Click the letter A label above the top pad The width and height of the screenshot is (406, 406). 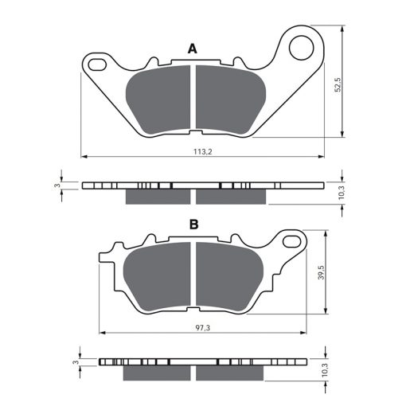[x=193, y=49]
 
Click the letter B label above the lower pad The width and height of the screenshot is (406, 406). [x=194, y=224]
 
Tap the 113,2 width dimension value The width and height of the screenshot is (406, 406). [x=203, y=151]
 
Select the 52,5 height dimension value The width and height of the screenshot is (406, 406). [x=338, y=84]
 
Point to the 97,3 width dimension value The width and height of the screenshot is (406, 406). [x=203, y=328]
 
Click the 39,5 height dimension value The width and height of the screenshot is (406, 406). [x=322, y=272]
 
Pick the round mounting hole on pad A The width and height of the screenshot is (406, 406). [x=301, y=48]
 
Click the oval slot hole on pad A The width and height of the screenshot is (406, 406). [x=97, y=64]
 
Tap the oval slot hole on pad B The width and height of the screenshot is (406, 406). [x=291, y=241]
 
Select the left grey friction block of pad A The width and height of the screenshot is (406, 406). [x=158, y=100]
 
